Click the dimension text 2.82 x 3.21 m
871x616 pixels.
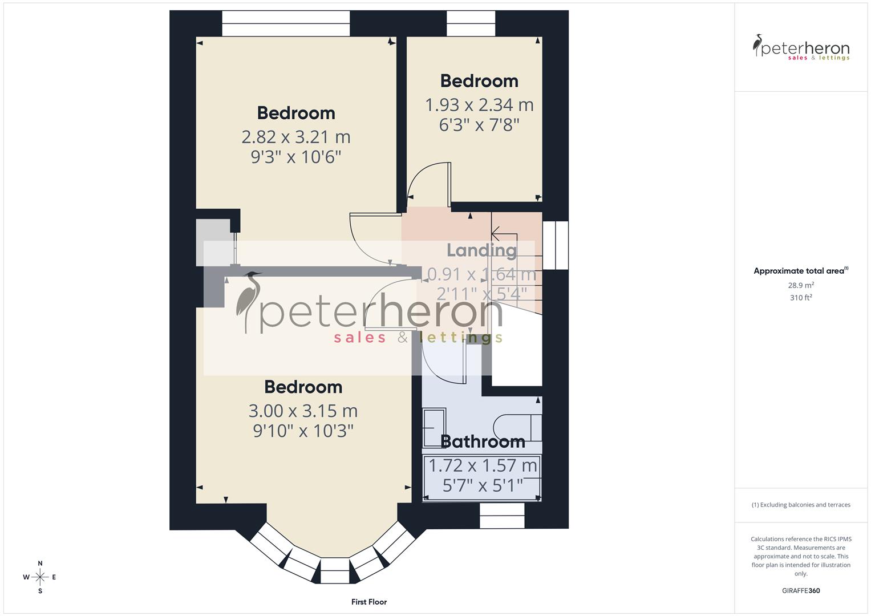295,137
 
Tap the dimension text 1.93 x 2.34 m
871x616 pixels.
479,105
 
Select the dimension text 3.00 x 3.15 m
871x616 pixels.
303,411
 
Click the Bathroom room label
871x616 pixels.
483,441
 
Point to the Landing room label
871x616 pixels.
481,250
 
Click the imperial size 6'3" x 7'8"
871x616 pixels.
479,125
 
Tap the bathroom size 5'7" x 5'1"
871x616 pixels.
483,485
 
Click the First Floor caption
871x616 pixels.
369,602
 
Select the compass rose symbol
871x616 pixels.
40,577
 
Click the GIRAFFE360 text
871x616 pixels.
801,591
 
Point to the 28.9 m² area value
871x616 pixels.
801,285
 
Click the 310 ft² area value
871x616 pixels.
801,298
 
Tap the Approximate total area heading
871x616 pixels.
801,271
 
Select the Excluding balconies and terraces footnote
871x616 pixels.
801,505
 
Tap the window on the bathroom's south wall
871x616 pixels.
502,516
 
